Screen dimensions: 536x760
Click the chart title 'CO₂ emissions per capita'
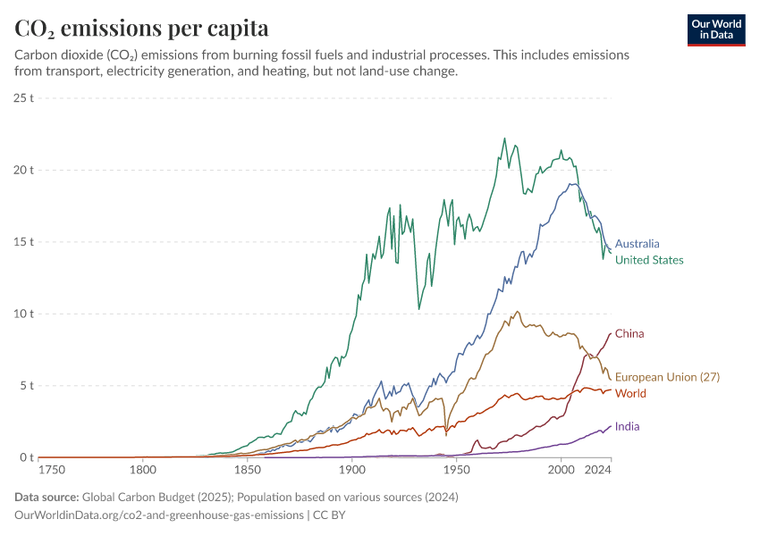tap(141, 28)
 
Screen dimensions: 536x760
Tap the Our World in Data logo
tap(716, 29)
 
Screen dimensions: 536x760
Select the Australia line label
tap(637, 243)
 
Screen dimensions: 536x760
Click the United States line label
tap(649, 260)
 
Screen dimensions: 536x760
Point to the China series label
tap(629, 333)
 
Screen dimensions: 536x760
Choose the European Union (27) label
tap(667, 377)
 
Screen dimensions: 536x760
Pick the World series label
tap(630, 393)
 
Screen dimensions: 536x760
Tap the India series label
tap(627, 426)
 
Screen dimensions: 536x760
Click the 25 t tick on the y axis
tap(24, 97)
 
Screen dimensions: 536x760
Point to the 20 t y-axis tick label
tap(24, 170)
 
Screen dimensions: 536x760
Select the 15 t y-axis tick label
tap(24, 241)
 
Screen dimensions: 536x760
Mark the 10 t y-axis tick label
tap(24, 314)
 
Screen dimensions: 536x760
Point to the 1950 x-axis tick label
tap(456, 468)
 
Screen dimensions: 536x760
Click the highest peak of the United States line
tap(504, 138)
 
